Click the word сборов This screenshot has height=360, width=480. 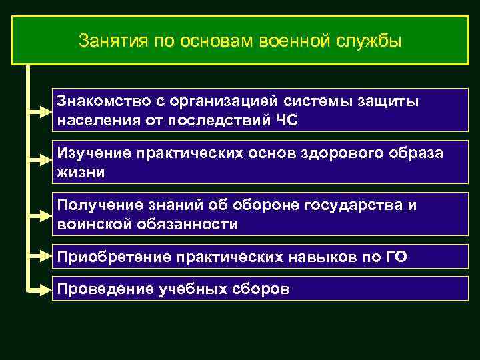(259, 290)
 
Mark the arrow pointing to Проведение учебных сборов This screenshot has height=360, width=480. (41, 290)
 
